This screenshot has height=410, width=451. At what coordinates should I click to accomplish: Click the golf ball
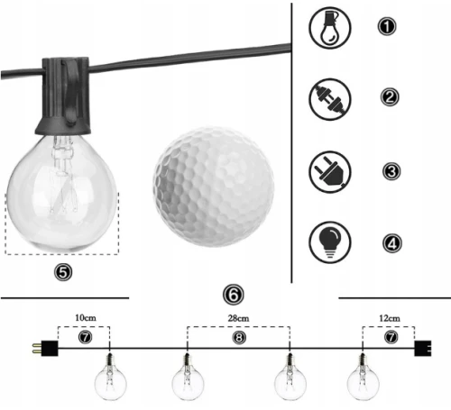pos(214,187)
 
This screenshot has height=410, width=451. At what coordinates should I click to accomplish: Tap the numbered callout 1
pos(387,26)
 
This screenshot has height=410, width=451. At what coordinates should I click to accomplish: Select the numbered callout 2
pos(390,97)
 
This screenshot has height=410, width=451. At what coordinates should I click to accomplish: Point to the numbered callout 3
pos(391,171)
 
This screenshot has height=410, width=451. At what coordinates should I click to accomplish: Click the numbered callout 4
pos(392,243)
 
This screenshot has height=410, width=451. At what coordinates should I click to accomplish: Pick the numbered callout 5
pos(63,272)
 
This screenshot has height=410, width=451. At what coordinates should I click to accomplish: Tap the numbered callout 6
pos(234,295)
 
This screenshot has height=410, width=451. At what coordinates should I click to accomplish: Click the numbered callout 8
pos(239,338)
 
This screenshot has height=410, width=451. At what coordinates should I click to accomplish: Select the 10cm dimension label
pos(86,318)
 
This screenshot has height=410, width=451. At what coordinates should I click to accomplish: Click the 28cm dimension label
pos(238,318)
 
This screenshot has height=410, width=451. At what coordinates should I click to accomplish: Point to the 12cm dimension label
pos(390,318)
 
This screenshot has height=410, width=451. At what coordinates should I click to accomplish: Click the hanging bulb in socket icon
pos(330,28)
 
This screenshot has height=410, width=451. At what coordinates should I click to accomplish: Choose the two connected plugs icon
pos(330,99)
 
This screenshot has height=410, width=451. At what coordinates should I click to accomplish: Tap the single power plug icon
pos(330,172)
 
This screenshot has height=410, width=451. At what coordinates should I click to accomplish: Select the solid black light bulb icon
pos(330,242)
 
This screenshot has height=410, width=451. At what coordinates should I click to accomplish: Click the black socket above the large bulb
pos(63,96)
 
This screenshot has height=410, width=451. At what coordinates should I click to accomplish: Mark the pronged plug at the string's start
pos(45,349)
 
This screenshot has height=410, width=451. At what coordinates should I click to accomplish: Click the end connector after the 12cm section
pos(423,349)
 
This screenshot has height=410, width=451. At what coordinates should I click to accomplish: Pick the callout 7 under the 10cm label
pos(85,337)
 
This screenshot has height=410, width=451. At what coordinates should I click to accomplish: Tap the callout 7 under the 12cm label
pos(391,337)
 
